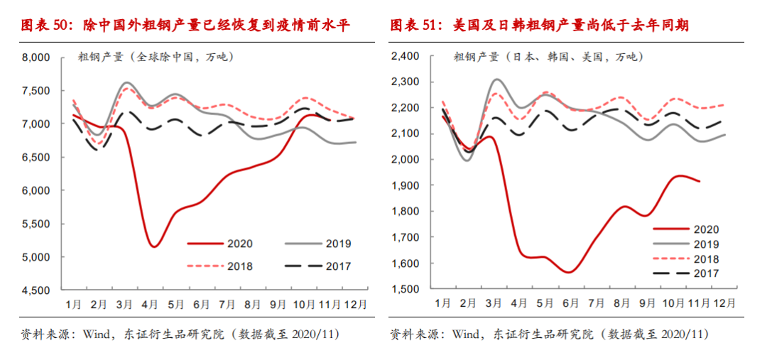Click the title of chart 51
[540, 26]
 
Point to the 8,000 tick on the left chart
[35, 58]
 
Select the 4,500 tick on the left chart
[35, 290]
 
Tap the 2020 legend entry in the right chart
[685, 229]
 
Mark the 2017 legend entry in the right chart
[685, 273]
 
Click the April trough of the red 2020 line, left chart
[153, 246]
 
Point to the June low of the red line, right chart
[568, 272]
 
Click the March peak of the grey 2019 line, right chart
[496, 80]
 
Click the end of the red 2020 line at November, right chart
[700, 181]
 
